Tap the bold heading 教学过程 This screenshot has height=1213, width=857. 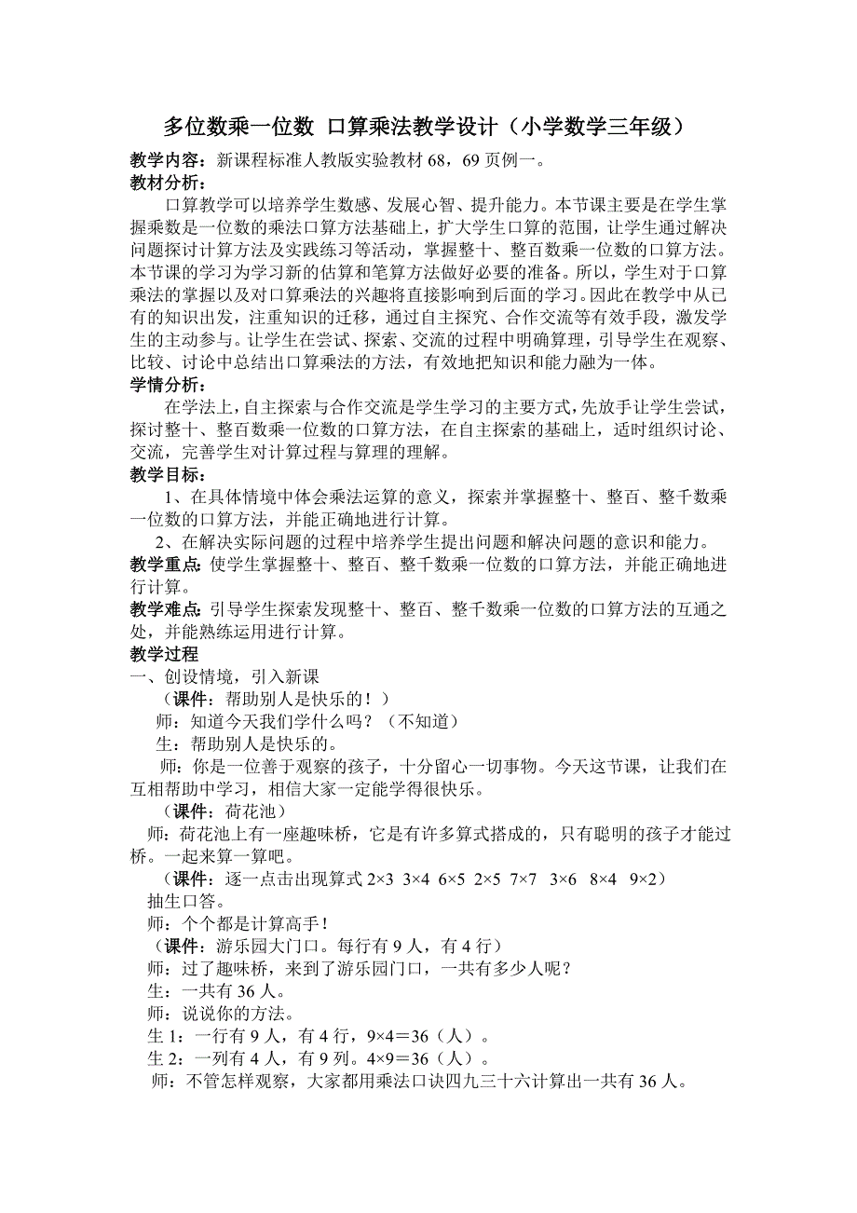coord(164,655)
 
